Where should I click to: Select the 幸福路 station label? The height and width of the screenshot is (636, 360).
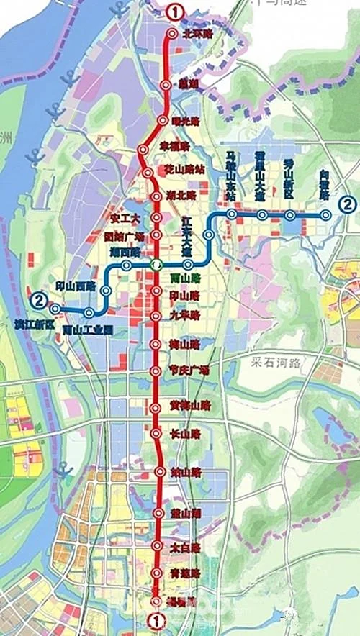point(174,146)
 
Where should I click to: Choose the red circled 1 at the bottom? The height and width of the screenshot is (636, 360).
point(154,619)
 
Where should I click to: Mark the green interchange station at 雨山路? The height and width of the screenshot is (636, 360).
point(156,264)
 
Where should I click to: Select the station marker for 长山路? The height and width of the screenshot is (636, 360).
point(156,434)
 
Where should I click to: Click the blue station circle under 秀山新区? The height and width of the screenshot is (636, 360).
point(289,215)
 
